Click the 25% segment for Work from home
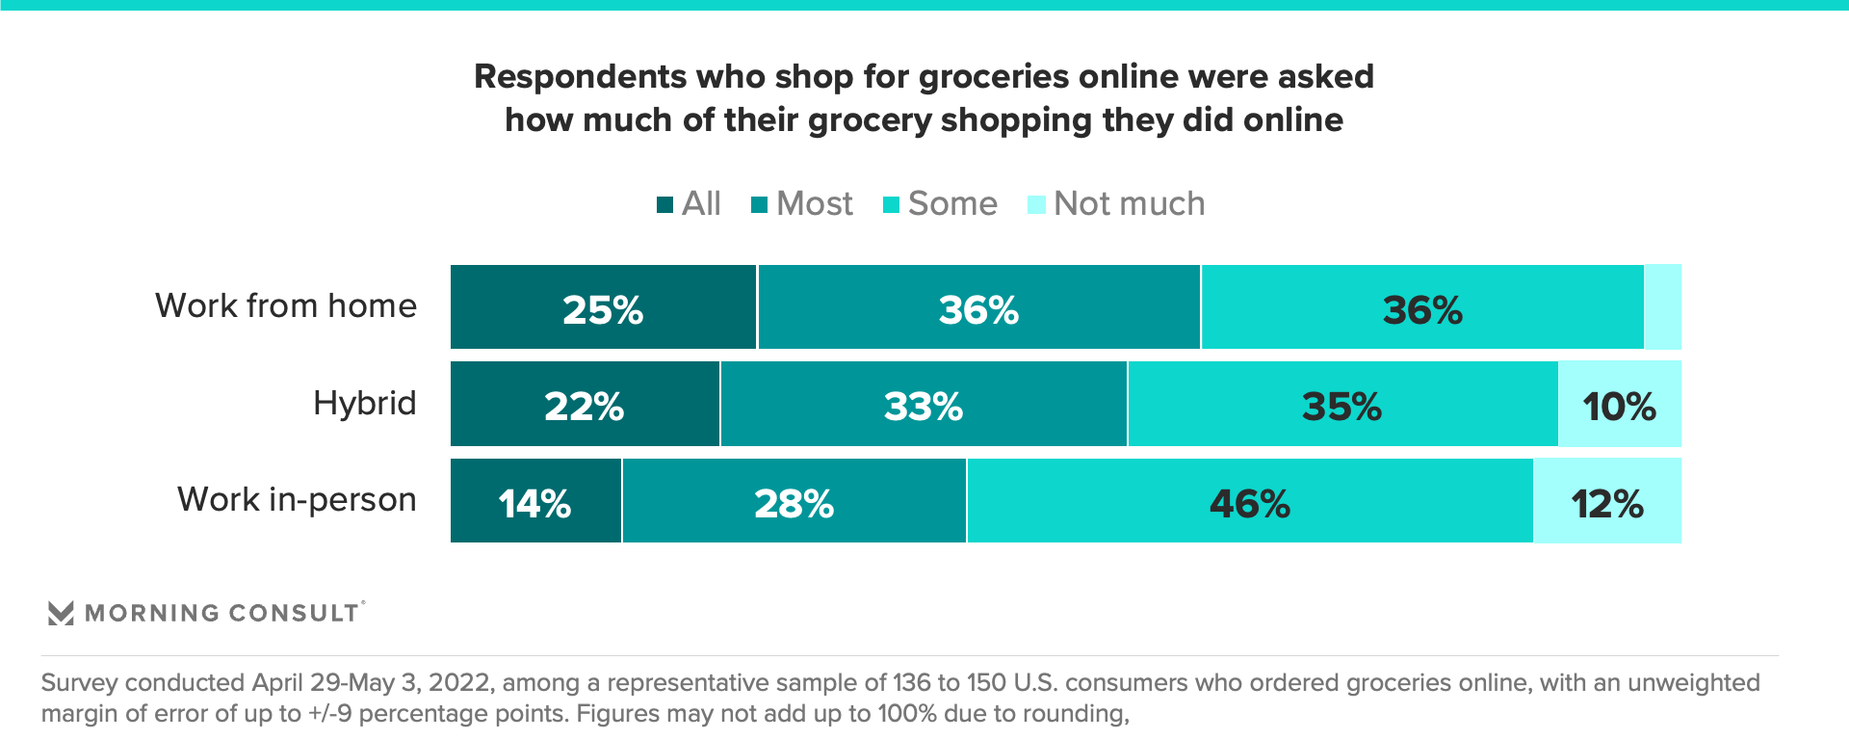point(603,307)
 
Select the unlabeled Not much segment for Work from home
point(1663,307)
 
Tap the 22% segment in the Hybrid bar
point(585,405)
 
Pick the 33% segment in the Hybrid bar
point(924,405)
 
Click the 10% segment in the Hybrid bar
point(1620,405)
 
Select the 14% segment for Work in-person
point(535,502)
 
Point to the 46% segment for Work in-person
point(1250,502)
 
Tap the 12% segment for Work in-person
point(1607,502)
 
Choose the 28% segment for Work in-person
point(794,502)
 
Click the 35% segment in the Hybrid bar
point(1342,405)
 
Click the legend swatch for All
point(664,204)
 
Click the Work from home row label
point(286,306)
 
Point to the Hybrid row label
point(364,403)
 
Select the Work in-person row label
point(297,500)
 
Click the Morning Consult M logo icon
point(61,613)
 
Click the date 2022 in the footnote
point(460,683)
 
